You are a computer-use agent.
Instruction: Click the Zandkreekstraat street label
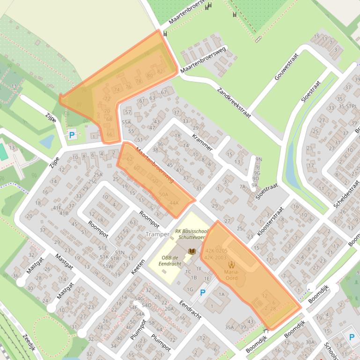pyautogui.click(x=234, y=102)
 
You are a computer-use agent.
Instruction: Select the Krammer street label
pyautogui.click(x=202, y=142)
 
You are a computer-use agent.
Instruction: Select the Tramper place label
pyautogui.click(x=157, y=234)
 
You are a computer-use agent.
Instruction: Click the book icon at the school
pyautogui.click(x=191, y=252)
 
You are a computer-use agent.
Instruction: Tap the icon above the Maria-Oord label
pyautogui.click(x=231, y=265)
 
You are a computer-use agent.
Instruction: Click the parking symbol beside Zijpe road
pyautogui.click(x=72, y=135)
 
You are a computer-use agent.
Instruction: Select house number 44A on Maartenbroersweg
pyautogui.click(x=174, y=203)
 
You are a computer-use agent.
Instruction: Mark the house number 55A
pyautogui.click(x=126, y=122)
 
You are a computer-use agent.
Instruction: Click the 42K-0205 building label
pyautogui.click(x=216, y=251)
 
